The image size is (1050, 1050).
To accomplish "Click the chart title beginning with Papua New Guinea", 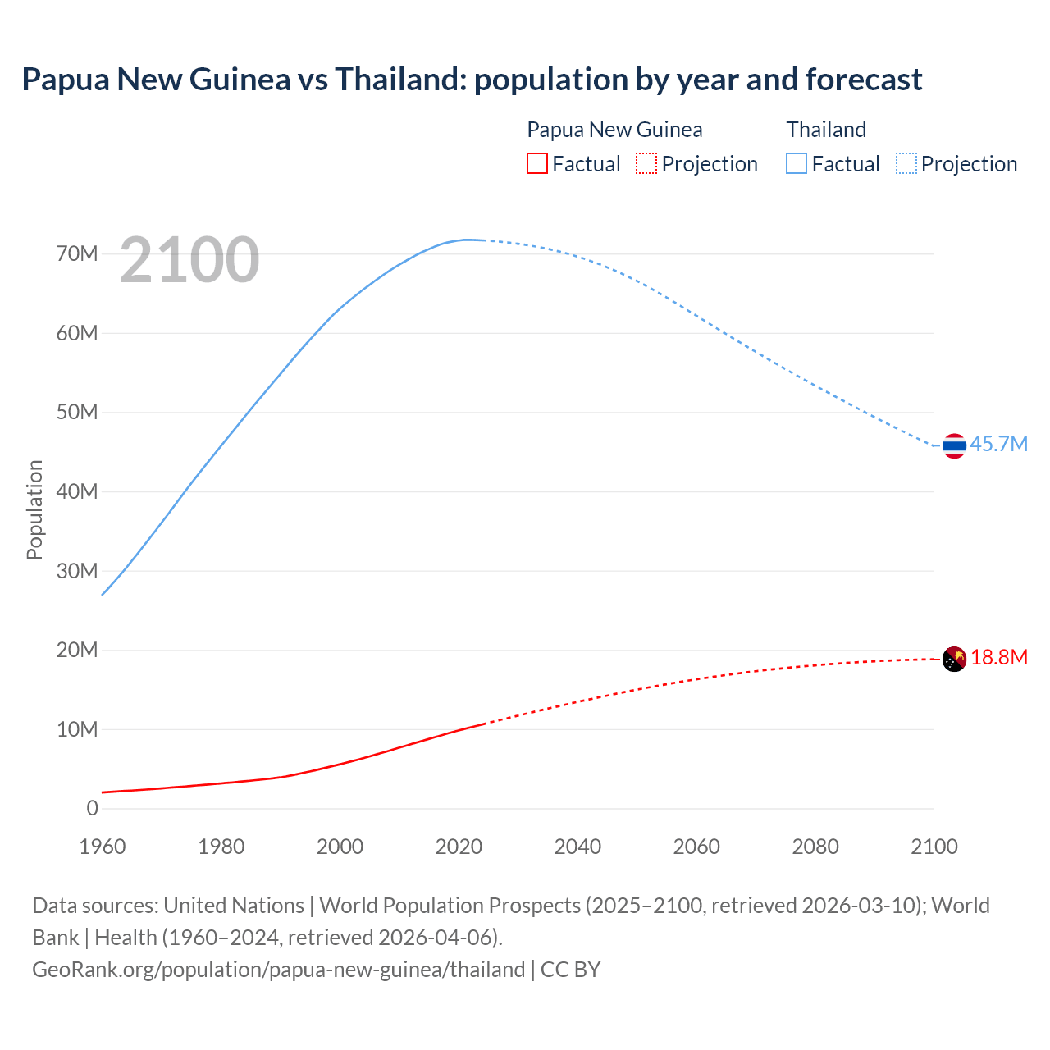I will (472, 80).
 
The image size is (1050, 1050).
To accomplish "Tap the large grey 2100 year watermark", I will (189, 260).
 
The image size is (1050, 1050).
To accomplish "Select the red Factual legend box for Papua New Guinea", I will (536, 163).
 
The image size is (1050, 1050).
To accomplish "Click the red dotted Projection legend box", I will (646, 163).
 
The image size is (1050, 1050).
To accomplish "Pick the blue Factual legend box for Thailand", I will (796, 163).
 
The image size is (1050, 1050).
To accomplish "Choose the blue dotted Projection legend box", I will (906, 163).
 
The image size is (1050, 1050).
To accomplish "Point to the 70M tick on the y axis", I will (77, 253).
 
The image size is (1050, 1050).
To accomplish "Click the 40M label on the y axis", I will (77, 491).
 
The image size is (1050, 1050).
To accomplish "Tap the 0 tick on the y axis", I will (92, 808).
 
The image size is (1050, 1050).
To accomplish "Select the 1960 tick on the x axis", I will (103, 847).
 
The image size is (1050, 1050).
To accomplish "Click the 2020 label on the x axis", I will (459, 847).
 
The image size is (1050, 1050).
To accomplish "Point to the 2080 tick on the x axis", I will (815, 847).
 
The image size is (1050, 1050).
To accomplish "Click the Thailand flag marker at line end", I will (954, 446).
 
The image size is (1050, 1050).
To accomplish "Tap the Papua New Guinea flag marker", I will (954, 659).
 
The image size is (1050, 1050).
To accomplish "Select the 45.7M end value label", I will (998, 444).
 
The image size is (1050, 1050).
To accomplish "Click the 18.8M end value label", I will (999, 657).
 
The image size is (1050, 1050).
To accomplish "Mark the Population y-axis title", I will (34, 509).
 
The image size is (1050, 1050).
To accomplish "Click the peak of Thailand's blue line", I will (467, 240).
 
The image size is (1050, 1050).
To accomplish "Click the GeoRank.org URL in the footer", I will (278, 969).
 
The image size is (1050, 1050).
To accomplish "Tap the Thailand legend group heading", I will (826, 130).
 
